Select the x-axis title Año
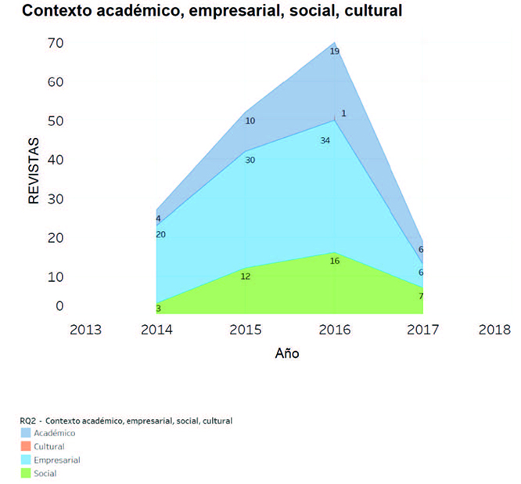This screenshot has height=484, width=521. point(287,353)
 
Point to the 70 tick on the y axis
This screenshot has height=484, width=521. point(33,43)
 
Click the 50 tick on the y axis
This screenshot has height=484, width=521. point(33,121)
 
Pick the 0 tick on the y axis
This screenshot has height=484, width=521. point(37,306)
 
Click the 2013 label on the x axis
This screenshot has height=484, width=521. point(85,330)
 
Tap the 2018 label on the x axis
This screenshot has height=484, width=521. point(494,330)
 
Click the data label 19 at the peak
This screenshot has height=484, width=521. point(334,52)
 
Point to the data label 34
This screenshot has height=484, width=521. point(325,141)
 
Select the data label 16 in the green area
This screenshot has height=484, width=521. point(335,261)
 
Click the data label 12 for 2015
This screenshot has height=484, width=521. point(246,276)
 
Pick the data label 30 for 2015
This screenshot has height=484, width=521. point(250,160)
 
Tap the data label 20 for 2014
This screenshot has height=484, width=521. point(160,235)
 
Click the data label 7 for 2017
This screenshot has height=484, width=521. point(420,296)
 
